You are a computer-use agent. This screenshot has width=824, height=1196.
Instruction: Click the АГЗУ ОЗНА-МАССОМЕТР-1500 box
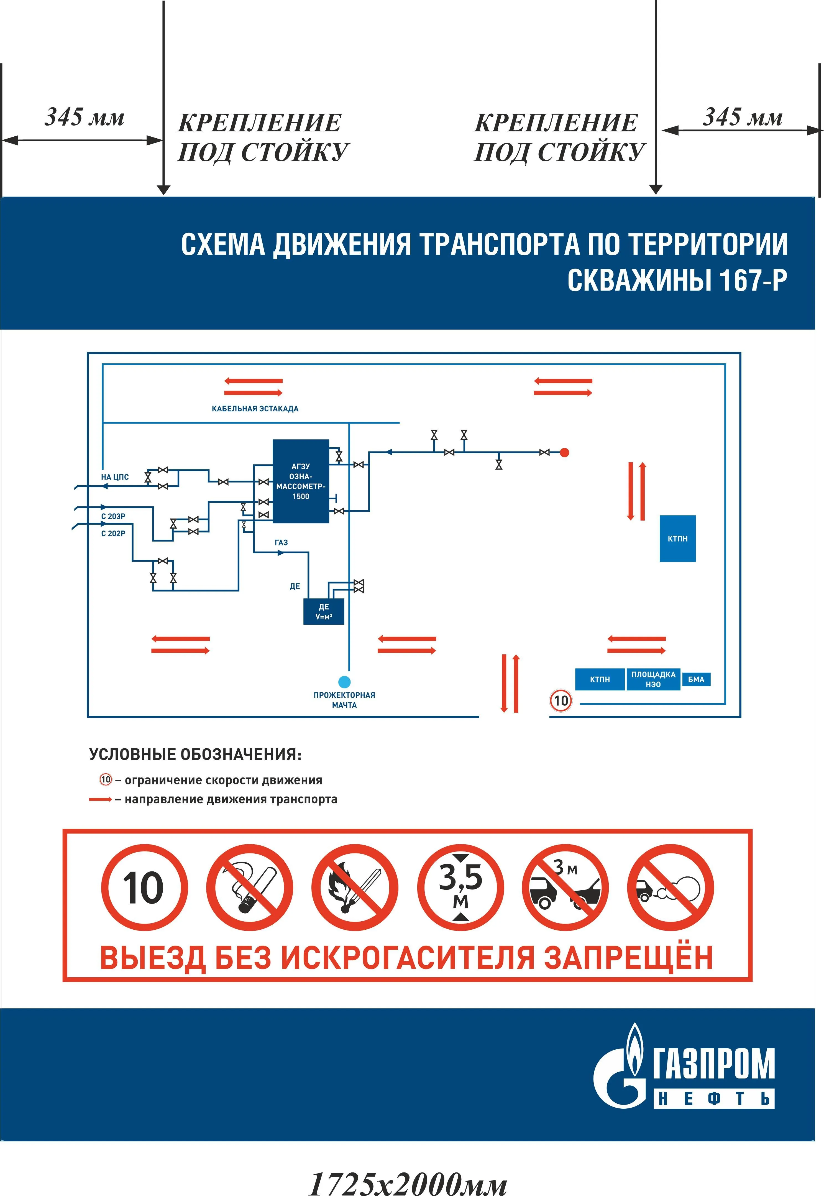[x=301, y=481]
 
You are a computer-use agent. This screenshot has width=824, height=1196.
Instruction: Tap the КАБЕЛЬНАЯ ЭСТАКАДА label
[x=255, y=409]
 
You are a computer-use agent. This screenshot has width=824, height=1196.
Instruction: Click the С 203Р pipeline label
[x=113, y=516]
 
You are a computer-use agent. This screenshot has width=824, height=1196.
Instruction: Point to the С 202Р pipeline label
[x=113, y=534]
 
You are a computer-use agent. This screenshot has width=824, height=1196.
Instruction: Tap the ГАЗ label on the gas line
[x=281, y=542]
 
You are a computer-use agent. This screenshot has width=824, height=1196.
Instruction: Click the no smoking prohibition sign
[x=249, y=888]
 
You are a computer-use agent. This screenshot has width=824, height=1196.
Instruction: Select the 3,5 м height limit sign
[x=460, y=888]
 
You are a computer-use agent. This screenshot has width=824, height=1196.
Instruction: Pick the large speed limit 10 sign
[x=144, y=888]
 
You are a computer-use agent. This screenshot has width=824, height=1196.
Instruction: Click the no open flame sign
[x=355, y=888]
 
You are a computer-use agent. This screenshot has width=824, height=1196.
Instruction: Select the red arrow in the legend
[x=100, y=799]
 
